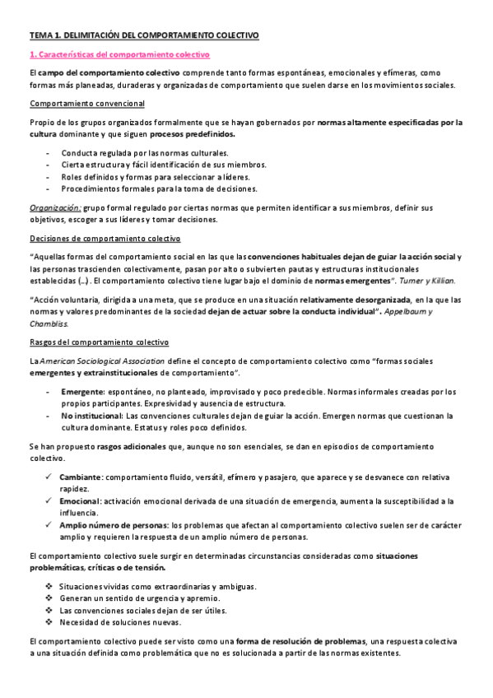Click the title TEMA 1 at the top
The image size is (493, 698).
point(143,35)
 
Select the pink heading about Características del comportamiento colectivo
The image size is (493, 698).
point(120,54)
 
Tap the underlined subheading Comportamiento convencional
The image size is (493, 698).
point(87,104)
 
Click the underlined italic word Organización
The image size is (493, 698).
point(55,208)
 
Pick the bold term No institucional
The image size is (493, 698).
point(90,416)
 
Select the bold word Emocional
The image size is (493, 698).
point(79,500)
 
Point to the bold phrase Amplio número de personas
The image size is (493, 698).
point(114,524)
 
